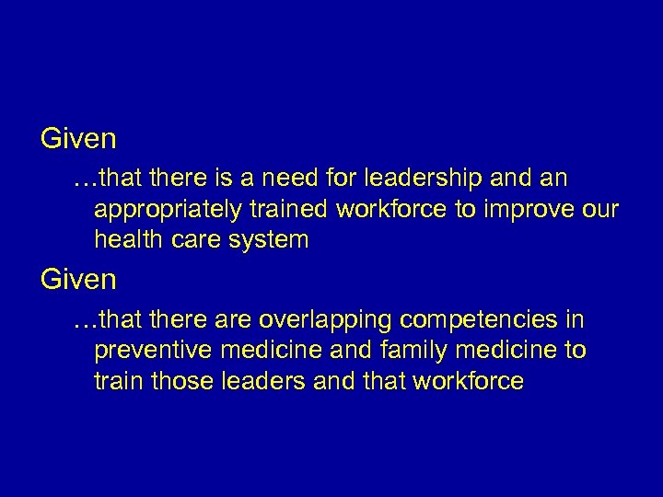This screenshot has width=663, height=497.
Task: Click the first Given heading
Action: (78, 139)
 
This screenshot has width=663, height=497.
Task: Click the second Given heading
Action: (78, 280)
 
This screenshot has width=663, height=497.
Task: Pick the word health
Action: (124, 240)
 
